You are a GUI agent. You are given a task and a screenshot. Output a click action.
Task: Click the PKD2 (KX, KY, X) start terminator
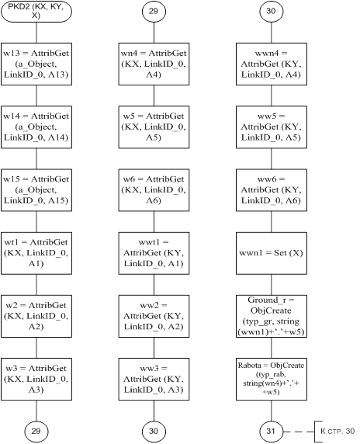pos(36,12)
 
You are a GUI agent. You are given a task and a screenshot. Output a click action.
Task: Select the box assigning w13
pos(36,64)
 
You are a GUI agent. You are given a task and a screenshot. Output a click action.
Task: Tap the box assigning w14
pos(36,127)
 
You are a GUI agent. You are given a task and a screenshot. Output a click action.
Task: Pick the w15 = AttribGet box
pos(36,190)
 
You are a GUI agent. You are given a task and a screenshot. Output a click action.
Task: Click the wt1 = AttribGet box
pos(36,253)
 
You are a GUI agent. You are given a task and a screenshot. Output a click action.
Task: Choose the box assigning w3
pos(36,379)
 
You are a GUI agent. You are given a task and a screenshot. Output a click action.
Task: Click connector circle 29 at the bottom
pos(36,432)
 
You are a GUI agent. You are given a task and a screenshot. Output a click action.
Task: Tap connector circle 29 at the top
pos(154,12)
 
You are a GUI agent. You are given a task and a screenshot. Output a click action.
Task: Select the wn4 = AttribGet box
pos(154,64)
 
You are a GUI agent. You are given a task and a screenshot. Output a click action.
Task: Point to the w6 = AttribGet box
pos(154,190)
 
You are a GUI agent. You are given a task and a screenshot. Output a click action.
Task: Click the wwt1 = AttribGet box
pos(154,253)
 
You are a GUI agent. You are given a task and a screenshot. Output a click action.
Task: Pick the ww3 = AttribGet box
pos(154,379)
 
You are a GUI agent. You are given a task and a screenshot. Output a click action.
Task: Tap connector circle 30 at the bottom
pos(154,432)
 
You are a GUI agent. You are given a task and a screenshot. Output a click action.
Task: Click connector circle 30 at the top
pos(271,12)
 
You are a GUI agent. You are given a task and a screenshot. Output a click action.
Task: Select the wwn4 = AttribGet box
pos(272,64)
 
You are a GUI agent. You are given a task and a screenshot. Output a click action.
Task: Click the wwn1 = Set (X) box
pos(272,253)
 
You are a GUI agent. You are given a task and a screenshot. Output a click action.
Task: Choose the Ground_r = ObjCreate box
pos(272,316)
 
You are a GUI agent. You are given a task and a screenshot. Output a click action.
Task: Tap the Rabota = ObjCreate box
pos(272,379)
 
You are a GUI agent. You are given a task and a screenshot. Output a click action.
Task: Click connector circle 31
pos(271,432)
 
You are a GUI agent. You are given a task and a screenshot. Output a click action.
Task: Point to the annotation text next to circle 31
pos(337,432)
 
